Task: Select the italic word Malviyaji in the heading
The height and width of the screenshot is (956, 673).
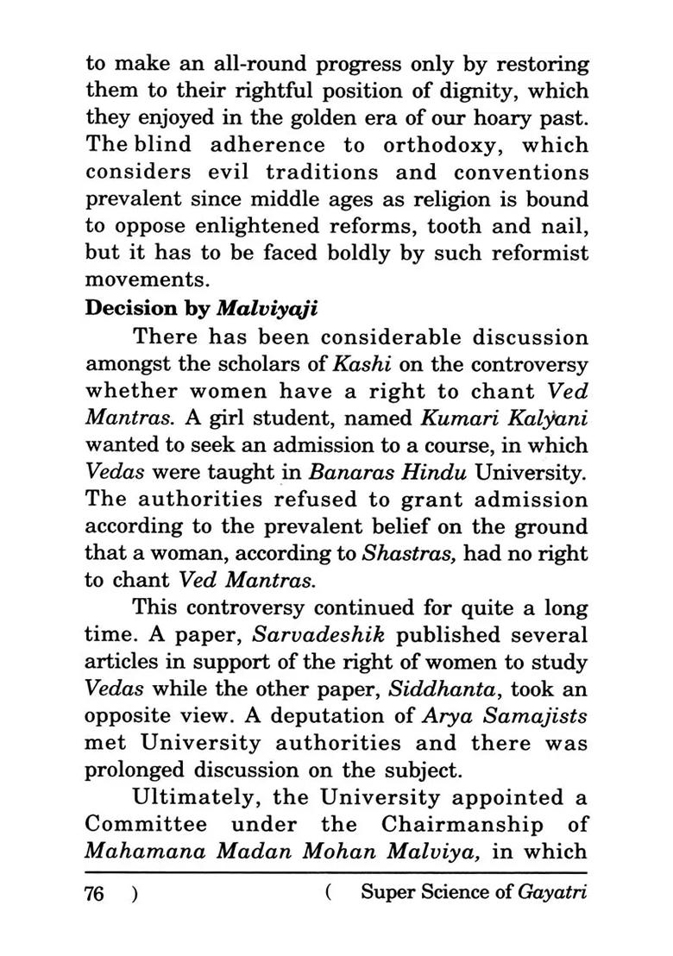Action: coord(258,310)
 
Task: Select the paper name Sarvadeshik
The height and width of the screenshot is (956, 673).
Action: coord(317,636)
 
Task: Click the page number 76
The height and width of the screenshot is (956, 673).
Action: coord(95,893)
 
